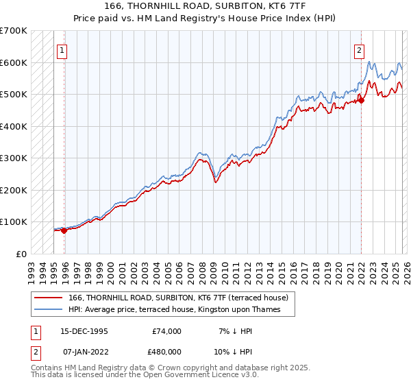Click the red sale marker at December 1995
pyautogui.click(x=64, y=230)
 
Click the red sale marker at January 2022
pyautogui.click(x=361, y=101)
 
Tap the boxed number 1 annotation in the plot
pyautogui.click(x=62, y=49)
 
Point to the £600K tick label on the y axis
pyautogui.click(x=14, y=62)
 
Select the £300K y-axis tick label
pyautogui.click(x=14, y=158)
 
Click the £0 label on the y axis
pyautogui.click(x=23, y=254)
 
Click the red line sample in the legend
pyautogui.click(x=48, y=298)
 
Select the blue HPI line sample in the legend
pyautogui.click(x=48, y=309)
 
